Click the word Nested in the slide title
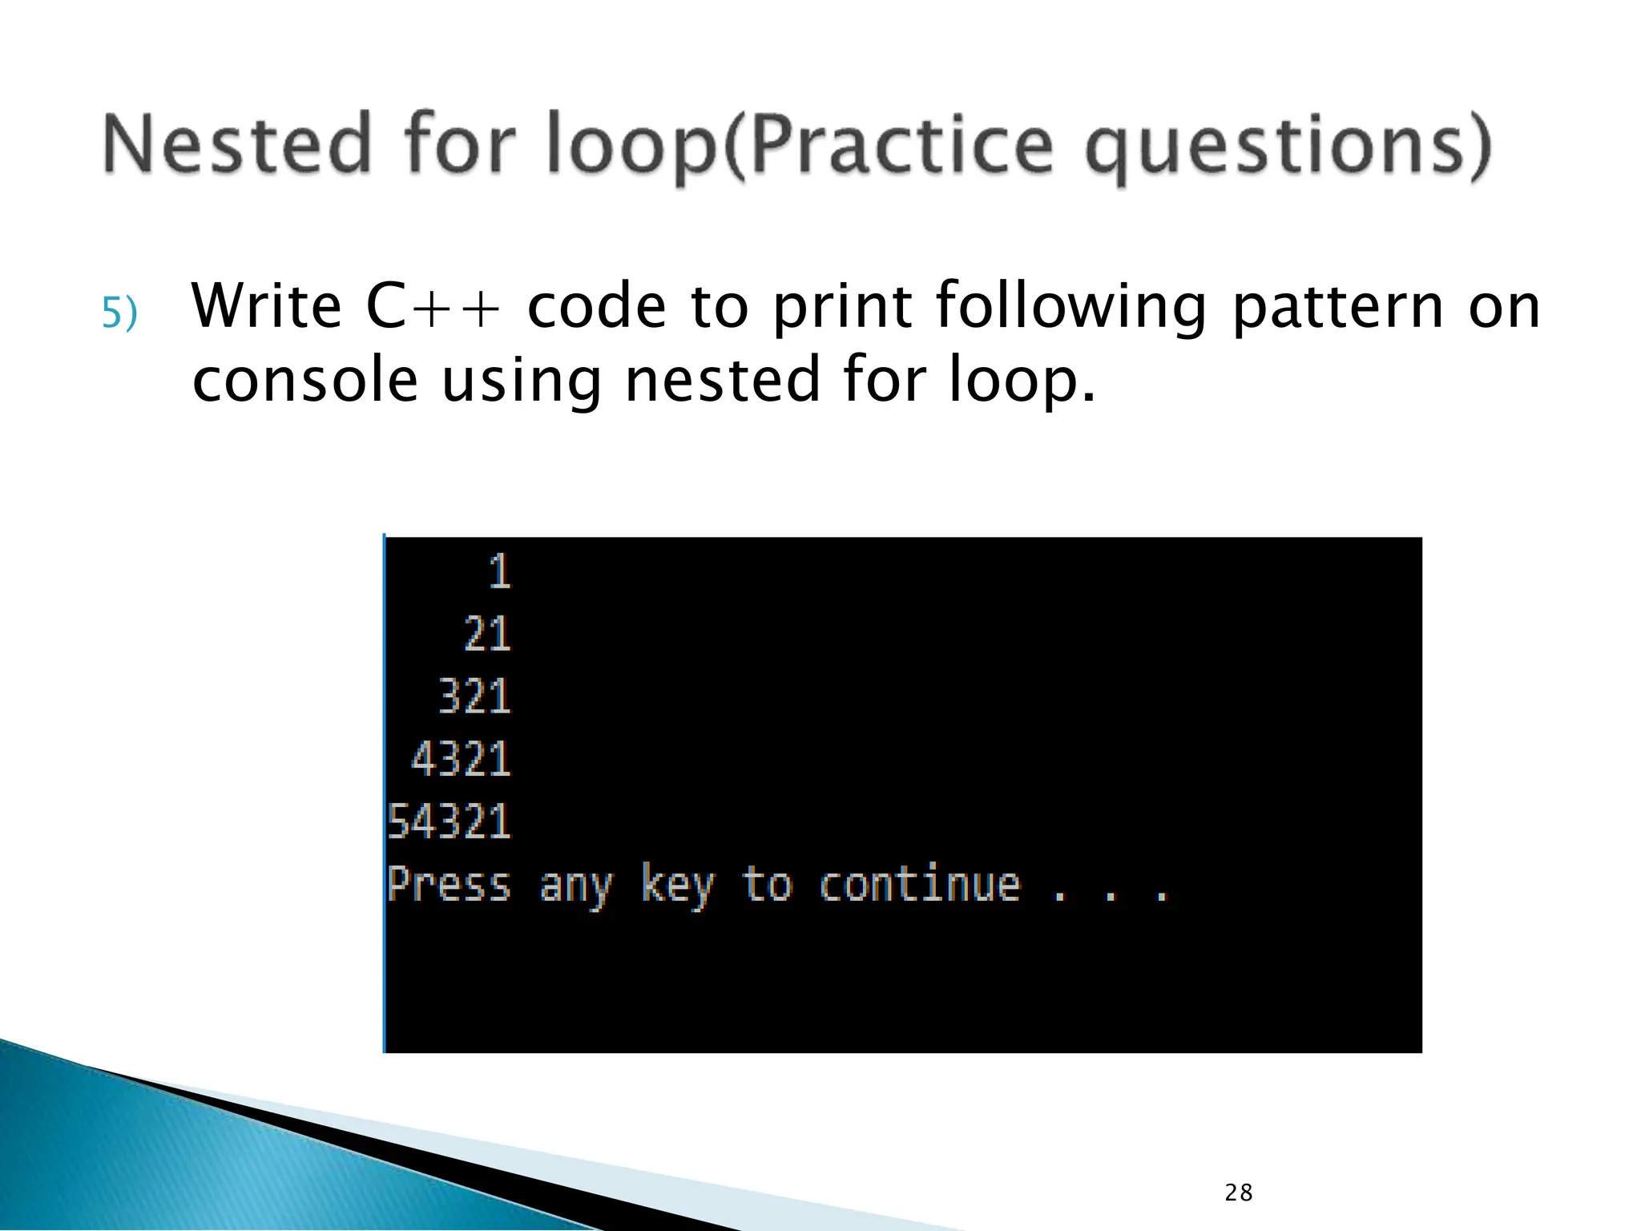237,144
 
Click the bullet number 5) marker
119,313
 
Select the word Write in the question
267,307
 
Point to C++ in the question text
433,307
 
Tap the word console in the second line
305,381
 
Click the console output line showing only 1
499,572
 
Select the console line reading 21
487,635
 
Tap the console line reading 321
474,696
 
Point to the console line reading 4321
461,759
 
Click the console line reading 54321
449,821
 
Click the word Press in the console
449,886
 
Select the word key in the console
677,886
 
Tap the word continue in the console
920,884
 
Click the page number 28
1238,1193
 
